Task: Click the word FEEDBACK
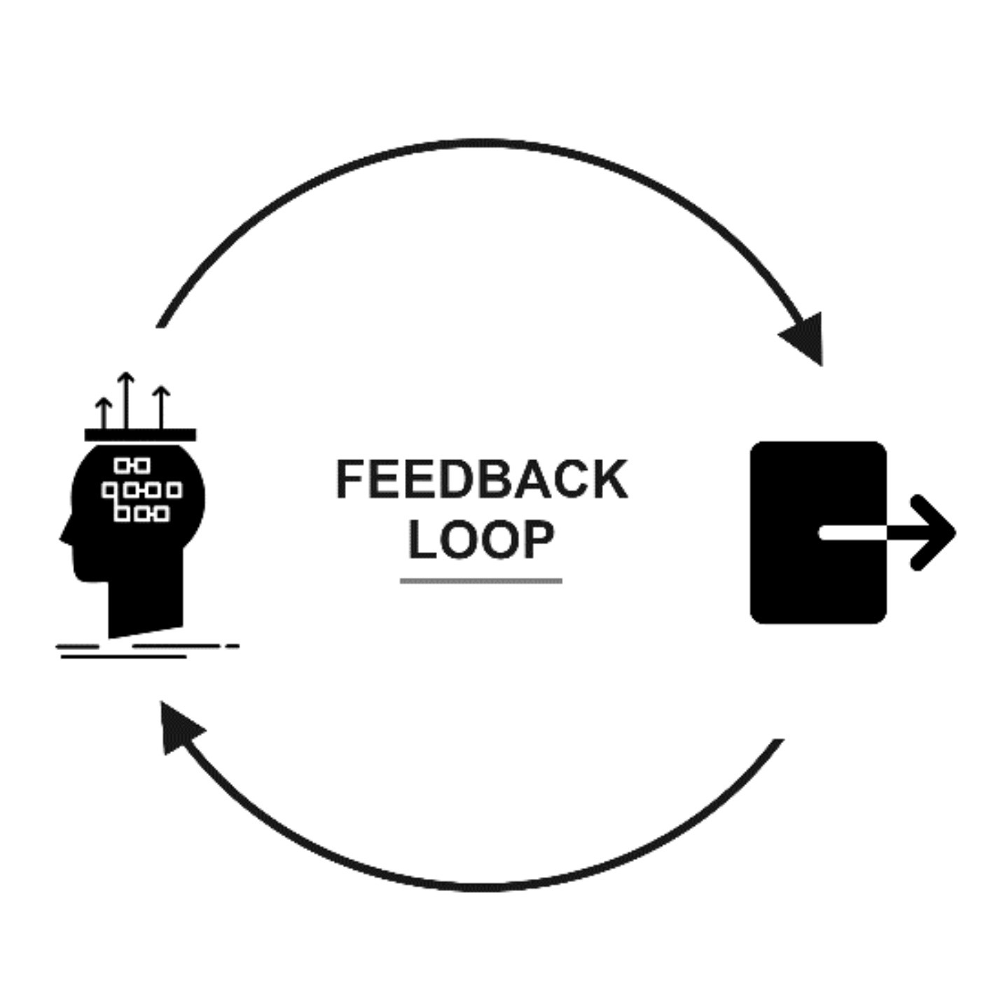click(x=482, y=480)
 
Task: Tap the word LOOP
click(x=482, y=540)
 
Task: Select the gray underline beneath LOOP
click(x=480, y=581)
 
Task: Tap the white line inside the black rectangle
click(x=852, y=533)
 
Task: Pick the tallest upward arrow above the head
click(x=125, y=399)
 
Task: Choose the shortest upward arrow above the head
click(x=104, y=413)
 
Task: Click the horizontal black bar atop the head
click(x=140, y=435)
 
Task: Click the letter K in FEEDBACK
click(x=611, y=480)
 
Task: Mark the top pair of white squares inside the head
click(x=132, y=465)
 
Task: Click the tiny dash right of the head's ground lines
click(x=233, y=646)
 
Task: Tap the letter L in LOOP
click(x=422, y=540)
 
